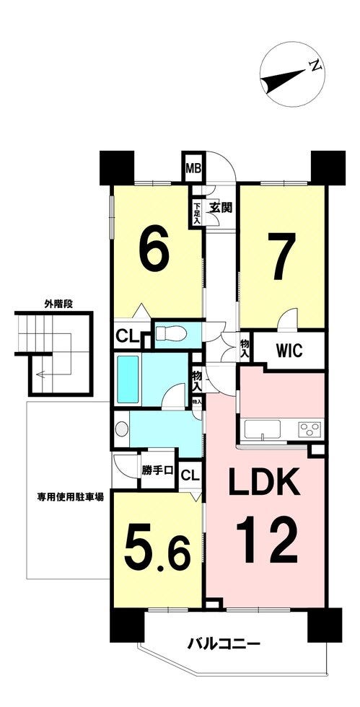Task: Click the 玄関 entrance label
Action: coord(221,208)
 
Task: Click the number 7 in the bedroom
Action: coord(281,255)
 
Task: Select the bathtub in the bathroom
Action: coord(128,379)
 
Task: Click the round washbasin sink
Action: coord(121,429)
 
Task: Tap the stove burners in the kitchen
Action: coord(309,429)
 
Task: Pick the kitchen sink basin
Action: coord(262,429)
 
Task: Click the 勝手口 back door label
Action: coord(157,470)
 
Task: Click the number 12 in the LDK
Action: coord(267,540)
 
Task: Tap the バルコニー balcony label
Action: coord(224,642)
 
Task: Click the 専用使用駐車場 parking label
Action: coord(71,498)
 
